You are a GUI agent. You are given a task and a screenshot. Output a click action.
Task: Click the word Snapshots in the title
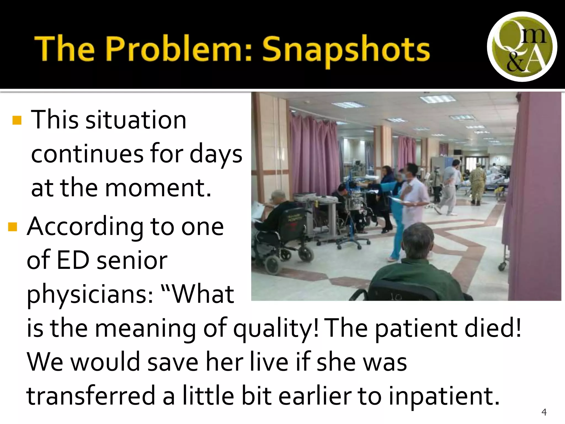point(346,49)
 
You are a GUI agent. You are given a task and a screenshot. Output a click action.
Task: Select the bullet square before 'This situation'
point(17,120)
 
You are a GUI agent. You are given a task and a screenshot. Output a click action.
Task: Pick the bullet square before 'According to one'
point(13,227)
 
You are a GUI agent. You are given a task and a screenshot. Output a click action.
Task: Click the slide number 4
point(544,412)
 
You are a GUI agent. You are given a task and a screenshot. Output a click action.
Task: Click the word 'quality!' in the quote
point(276,328)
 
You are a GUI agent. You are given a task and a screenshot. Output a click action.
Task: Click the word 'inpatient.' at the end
point(444,396)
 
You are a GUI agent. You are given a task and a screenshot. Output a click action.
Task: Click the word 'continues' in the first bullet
point(87,154)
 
